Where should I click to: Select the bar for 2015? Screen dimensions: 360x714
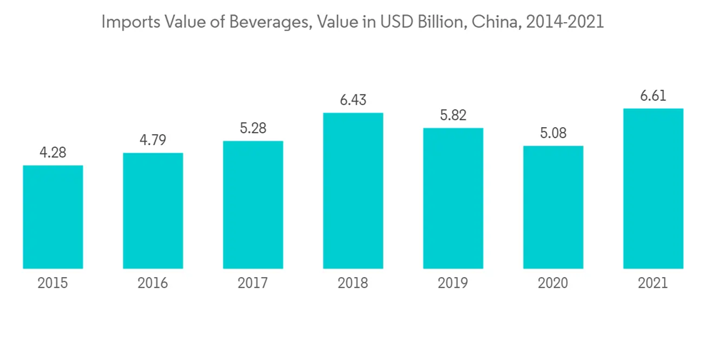click(x=53, y=217)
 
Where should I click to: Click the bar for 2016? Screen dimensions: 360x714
click(x=153, y=211)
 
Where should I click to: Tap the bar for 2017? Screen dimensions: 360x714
click(x=253, y=205)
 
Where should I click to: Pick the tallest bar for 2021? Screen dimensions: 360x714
click(x=653, y=189)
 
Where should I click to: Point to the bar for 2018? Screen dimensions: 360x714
click(x=353, y=191)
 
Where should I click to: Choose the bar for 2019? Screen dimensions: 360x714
click(x=453, y=199)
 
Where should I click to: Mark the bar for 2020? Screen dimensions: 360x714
click(x=553, y=207)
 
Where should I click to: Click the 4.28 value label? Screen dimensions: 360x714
click(x=53, y=153)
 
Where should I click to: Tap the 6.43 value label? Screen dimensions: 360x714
click(x=353, y=100)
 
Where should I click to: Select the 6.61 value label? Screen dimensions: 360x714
click(x=653, y=96)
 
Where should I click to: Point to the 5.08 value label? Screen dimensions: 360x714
click(x=553, y=134)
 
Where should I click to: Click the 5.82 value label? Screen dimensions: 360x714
click(x=453, y=115)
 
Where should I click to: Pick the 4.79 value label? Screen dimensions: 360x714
click(x=153, y=140)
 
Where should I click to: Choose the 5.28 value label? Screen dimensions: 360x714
click(x=253, y=129)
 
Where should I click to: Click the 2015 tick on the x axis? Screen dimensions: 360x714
click(x=53, y=284)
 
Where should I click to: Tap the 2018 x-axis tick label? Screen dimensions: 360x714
click(x=353, y=284)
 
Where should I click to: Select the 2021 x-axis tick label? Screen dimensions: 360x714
click(x=653, y=284)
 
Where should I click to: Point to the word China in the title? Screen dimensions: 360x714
click(x=494, y=22)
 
